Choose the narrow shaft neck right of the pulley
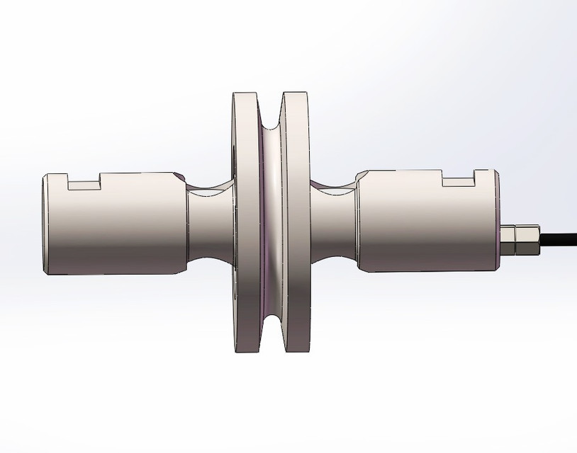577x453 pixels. coord(333,223)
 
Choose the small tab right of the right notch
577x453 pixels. coord(481,173)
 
